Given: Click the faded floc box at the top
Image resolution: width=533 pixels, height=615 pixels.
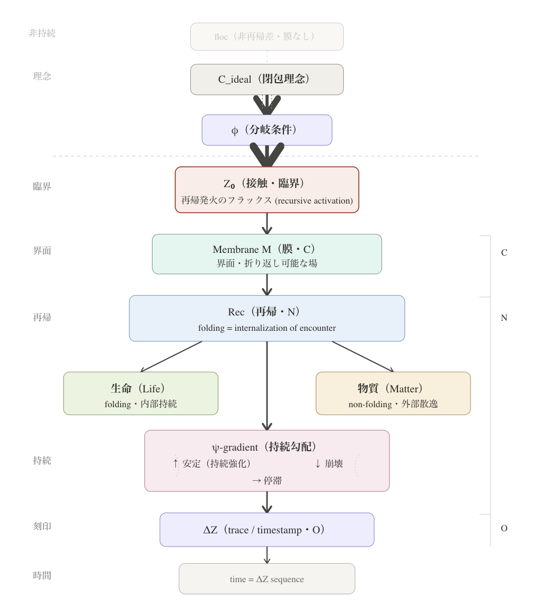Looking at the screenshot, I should click(267, 37).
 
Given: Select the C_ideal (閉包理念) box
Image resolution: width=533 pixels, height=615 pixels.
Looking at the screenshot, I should click(267, 80).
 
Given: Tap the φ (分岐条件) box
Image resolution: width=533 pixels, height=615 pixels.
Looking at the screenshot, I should click(267, 130).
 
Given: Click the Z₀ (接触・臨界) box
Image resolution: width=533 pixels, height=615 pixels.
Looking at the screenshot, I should click(267, 190).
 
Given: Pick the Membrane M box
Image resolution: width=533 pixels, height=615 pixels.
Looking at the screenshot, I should click(267, 254).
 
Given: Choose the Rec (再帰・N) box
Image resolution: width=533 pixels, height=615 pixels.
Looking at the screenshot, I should click(267, 318).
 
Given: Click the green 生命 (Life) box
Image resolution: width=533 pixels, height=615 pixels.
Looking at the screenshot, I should click(140, 393).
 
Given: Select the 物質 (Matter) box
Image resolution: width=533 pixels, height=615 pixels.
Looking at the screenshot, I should click(393, 393).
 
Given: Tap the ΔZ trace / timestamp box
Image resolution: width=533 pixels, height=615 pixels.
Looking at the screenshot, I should click(267, 530).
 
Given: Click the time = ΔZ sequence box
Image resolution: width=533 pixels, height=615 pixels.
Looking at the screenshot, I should click(267, 579).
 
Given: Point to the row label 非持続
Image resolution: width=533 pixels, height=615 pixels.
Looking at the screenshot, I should click(42, 33).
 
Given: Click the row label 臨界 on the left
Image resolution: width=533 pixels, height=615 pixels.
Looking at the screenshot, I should click(42, 187).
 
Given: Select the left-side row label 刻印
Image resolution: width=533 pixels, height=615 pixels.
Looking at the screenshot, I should click(42, 526).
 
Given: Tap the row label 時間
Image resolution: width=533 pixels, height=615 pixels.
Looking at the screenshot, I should click(42, 575).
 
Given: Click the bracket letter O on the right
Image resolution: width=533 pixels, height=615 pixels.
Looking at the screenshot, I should click(504, 529).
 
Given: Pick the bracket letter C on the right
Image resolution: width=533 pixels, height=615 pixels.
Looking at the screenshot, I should click(504, 253).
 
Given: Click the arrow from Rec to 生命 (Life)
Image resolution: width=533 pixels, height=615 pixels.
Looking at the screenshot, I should click(171, 356).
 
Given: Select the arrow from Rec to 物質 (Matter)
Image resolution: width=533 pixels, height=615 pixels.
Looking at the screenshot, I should click(363, 356).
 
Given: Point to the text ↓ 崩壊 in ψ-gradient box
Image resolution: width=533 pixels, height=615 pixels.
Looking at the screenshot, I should click(329, 464).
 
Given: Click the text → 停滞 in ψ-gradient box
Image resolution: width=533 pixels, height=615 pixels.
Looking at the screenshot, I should click(267, 481).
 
